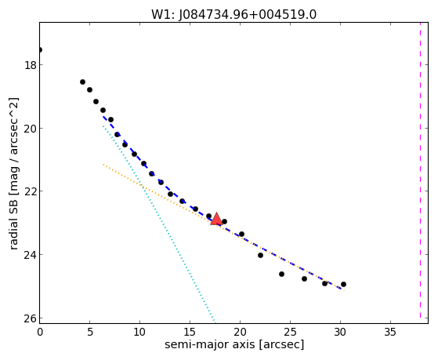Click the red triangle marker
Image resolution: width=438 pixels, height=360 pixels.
click(x=216, y=219)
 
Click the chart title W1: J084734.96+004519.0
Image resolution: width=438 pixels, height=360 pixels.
click(x=233, y=14)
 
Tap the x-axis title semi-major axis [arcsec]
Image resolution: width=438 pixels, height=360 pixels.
click(x=234, y=344)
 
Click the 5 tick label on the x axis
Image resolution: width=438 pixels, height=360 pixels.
click(x=89, y=332)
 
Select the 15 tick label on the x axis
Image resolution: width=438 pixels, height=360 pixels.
click(x=190, y=332)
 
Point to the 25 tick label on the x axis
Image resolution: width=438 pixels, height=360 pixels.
click(x=290, y=332)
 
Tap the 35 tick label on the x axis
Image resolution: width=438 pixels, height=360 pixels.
click(x=390, y=332)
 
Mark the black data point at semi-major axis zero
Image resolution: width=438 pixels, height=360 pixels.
click(x=40, y=49)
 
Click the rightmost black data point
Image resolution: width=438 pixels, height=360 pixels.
click(x=344, y=284)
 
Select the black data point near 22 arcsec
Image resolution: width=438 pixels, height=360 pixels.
click(x=260, y=255)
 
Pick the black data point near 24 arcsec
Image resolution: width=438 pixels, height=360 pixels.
click(x=281, y=275)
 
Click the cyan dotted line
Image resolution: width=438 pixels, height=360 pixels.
click(x=158, y=224)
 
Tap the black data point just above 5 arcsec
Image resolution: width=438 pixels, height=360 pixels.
click(x=89, y=89)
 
